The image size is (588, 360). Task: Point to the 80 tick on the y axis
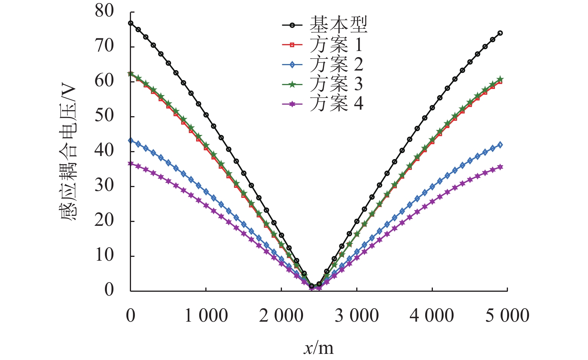pos(105,12)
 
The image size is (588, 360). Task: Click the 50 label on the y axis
pos(105,116)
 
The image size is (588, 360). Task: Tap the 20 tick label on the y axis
pos(105,221)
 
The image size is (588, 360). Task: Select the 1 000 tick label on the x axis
pos(206,316)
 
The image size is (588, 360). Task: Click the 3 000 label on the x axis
pos(357,316)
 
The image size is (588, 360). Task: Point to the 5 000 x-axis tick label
pos(507,316)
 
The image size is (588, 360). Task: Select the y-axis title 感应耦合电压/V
pos(69,153)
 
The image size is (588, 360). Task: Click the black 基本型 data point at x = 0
pos(131,23)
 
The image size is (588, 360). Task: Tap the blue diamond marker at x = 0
pos(131,141)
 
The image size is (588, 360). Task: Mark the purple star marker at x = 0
pos(131,164)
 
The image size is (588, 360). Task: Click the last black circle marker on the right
pos(500,33)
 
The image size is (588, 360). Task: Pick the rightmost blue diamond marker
pos(500,145)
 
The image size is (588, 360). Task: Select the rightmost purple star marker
pos(500,167)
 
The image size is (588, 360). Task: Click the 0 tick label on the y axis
pos(109,290)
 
